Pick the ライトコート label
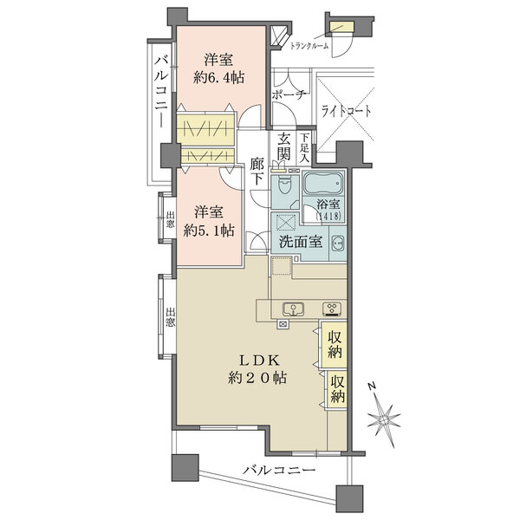(x=347, y=111)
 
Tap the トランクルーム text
(x=309, y=46)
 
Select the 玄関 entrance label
(x=284, y=147)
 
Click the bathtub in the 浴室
(x=323, y=185)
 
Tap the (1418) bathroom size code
(x=328, y=217)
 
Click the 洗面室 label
(x=300, y=243)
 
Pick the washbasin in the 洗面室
(x=338, y=243)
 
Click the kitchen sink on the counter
(x=292, y=308)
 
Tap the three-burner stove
(x=331, y=308)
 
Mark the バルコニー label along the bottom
(x=279, y=470)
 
